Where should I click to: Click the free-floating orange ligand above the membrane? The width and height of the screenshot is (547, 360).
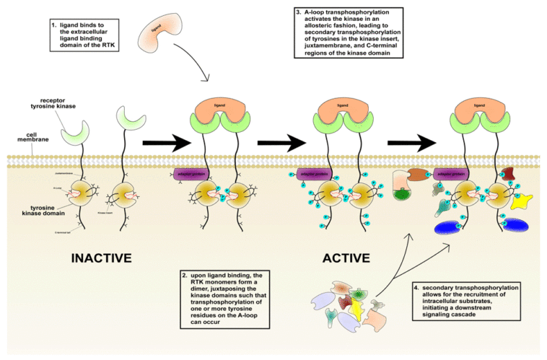(x=157, y=31)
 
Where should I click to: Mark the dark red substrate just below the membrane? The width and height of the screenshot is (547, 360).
(x=508, y=174)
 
